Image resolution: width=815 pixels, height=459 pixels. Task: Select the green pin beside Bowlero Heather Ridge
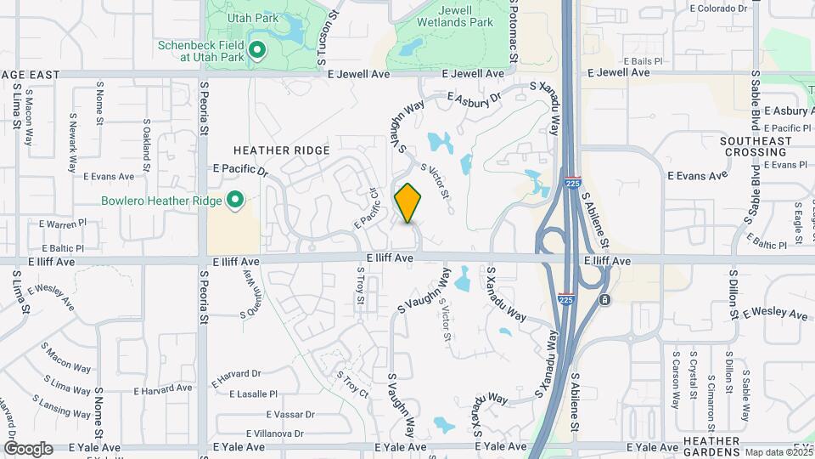point(235,201)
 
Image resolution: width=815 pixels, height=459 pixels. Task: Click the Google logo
point(28,449)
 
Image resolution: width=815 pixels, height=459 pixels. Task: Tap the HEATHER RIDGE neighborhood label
point(287,150)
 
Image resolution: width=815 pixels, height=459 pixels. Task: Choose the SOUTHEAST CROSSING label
point(755,146)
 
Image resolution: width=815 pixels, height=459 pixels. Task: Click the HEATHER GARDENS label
point(711,446)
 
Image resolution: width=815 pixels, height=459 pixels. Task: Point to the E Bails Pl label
point(642,61)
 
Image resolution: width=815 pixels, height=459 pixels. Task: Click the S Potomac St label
point(514,31)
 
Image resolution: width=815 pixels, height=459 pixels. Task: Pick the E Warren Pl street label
point(64,223)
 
